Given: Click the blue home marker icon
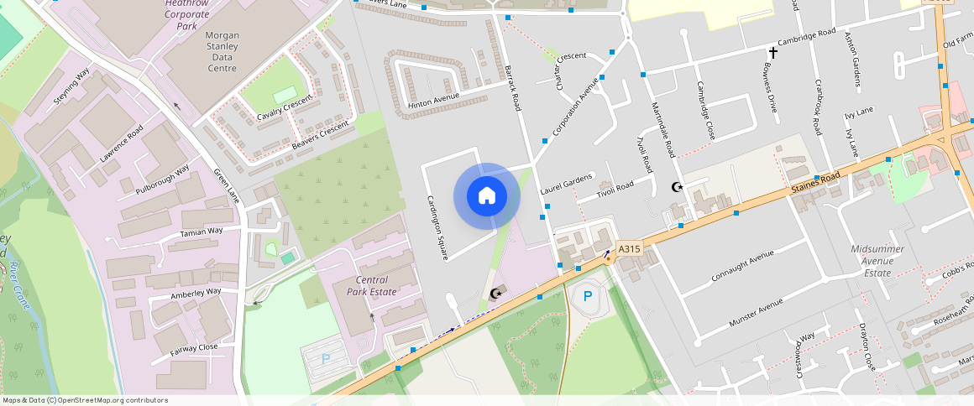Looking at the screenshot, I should pyautogui.click(x=486, y=196).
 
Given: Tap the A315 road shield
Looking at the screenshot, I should pyautogui.click(x=629, y=249).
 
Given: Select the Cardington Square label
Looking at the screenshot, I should pyautogui.click(x=439, y=226).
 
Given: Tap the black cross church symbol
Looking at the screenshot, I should pyautogui.click(x=773, y=53).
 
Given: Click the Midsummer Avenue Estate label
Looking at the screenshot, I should pyautogui.click(x=882, y=261).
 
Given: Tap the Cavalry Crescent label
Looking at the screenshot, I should pyautogui.click(x=285, y=107).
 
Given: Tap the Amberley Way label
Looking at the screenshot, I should pyautogui.click(x=196, y=293).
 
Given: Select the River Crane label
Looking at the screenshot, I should pyautogui.click(x=18, y=286).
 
